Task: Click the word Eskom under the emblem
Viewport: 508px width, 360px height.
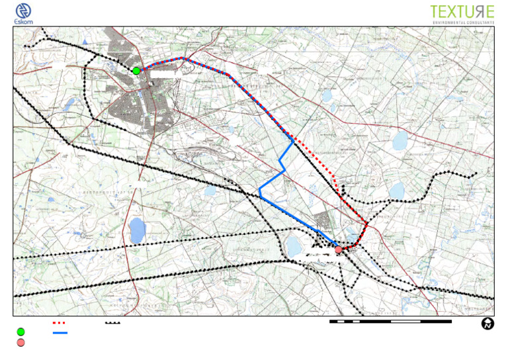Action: (24, 22)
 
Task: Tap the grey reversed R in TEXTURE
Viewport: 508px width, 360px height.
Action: (476, 12)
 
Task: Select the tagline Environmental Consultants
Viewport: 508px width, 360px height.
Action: (463, 22)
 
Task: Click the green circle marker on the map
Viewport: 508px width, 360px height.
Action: (136, 71)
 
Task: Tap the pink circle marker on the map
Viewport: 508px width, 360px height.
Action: (339, 249)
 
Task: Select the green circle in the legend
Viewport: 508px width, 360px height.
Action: (21, 332)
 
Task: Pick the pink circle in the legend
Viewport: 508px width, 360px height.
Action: (21, 342)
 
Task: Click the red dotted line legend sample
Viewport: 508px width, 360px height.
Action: (59, 322)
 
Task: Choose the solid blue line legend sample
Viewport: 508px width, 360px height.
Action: (59, 332)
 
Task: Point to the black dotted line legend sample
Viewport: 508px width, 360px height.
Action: (112, 323)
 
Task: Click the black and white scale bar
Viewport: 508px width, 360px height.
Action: (390, 322)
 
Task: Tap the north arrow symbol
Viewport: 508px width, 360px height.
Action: (487, 324)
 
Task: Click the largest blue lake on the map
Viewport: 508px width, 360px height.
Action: (137, 230)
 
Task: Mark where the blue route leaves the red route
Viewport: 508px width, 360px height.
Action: (293, 140)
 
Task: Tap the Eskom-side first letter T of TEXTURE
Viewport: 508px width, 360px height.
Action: (435, 12)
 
